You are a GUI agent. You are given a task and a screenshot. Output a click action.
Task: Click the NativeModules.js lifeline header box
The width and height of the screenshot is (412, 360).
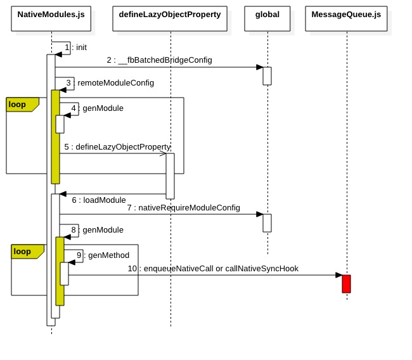point(51,18)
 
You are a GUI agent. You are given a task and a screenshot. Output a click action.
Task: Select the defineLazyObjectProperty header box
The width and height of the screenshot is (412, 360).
point(170,18)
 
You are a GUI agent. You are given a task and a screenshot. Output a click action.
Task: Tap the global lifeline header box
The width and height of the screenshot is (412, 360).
point(267,18)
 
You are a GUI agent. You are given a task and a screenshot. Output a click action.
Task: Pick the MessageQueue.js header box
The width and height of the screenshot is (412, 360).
point(346,18)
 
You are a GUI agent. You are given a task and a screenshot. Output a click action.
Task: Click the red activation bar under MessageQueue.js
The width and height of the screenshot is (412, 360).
point(346,284)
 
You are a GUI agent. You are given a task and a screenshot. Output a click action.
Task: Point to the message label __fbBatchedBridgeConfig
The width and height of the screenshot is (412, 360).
point(159,60)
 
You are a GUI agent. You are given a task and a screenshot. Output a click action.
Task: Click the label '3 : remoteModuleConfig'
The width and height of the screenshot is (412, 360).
point(110,83)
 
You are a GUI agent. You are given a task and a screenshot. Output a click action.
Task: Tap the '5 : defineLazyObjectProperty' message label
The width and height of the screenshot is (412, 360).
point(117,147)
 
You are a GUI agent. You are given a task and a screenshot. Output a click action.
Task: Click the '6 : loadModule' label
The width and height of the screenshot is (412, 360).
point(99,200)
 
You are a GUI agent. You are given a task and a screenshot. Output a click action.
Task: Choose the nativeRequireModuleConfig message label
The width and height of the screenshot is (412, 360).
point(183,208)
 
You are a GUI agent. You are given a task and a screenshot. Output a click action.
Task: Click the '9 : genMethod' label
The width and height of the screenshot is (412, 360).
point(103,255)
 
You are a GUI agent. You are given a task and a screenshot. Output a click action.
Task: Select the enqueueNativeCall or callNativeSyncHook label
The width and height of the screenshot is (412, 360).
point(213,269)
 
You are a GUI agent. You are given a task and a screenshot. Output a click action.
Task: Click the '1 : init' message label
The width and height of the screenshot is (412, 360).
point(75,48)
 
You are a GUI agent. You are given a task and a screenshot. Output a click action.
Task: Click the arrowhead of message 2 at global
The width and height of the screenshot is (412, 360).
point(260,67)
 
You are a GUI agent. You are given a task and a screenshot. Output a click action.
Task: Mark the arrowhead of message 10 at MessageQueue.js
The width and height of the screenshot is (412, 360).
point(339,275)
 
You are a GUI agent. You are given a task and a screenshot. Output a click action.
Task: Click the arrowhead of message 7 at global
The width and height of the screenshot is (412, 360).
point(260,214)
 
